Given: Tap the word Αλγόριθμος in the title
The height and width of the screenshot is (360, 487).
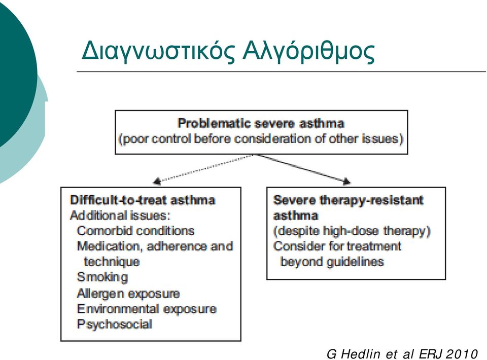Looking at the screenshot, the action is (309, 51).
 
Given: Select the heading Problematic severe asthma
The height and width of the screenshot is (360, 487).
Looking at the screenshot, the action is (261, 123).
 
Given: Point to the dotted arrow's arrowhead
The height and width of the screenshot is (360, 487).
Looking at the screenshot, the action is (157, 181).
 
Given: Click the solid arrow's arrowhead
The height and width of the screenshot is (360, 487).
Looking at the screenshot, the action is (346, 181).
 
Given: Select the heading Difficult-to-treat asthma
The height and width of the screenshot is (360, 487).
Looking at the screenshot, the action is (143, 200).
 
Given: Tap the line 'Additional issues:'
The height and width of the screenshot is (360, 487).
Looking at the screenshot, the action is (120, 215).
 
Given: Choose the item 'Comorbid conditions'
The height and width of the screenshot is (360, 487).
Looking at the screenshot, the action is (136, 231).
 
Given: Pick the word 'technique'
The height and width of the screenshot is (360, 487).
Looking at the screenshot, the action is (112, 262).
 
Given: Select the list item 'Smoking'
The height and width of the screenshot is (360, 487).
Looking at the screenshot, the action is (102, 277).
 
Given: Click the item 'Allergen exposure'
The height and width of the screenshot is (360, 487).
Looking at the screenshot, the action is (128, 293).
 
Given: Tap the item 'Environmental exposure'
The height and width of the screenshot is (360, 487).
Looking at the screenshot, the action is (147, 309).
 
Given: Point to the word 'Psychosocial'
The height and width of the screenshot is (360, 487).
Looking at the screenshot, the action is (115, 325).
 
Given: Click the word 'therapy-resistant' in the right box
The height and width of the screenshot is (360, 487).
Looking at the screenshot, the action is (371, 200).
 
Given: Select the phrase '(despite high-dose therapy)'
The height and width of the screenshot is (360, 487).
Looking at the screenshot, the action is (352, 231).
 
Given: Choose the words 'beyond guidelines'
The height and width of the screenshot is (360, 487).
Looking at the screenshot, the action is (332, 262).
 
